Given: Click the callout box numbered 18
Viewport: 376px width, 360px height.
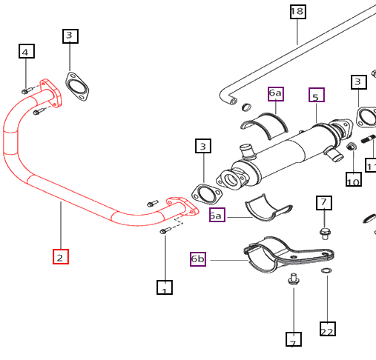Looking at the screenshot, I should (x=297, y=11).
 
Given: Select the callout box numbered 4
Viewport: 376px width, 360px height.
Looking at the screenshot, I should (x=26, y=51).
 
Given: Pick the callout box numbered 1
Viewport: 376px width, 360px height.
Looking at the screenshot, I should (x=164, y=287).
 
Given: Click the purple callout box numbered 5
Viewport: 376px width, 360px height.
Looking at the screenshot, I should (x=317, y=96).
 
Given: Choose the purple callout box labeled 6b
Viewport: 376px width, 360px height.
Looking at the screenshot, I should (x=198, y=259).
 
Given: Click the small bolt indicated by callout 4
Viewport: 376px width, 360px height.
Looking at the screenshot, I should (x=26, y=91).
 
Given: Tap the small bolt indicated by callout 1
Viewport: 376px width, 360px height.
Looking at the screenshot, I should (x=164, y=231).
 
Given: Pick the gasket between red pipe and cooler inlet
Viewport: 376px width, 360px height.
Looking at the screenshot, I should (x=205, y=194).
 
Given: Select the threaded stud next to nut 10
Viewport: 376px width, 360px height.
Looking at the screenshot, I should (x=368, y=140).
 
